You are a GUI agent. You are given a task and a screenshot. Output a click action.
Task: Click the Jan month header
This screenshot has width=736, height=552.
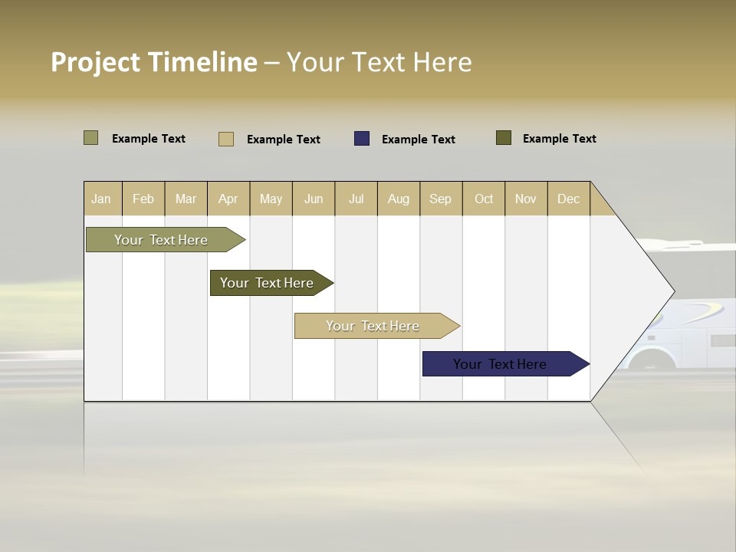(102, 199)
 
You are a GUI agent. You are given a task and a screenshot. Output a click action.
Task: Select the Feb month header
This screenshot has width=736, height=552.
(143, 199)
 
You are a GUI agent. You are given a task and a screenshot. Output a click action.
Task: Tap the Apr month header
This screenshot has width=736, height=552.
(228, 199)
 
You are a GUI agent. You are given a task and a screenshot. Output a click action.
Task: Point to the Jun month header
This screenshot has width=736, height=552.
(314, 199)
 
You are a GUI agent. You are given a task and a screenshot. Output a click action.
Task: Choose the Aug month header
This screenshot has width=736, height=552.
(399, 199)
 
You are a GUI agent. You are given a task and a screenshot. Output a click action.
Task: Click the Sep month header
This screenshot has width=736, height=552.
(441, 199)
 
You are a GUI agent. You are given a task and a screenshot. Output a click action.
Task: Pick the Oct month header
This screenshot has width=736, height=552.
(484, 199)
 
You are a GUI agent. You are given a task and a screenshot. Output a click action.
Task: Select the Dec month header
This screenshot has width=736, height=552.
(569, 199)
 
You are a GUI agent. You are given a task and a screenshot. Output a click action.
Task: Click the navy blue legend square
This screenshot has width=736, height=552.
(362, 139)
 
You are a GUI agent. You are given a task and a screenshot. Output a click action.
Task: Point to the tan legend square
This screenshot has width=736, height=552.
(226, 139)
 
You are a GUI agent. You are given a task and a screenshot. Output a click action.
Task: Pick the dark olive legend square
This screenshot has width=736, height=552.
(504, 138)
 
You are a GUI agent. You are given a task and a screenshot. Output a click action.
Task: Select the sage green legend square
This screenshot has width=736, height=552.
(91, 138)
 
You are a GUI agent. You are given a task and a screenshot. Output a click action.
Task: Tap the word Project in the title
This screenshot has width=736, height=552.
(97, 62)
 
